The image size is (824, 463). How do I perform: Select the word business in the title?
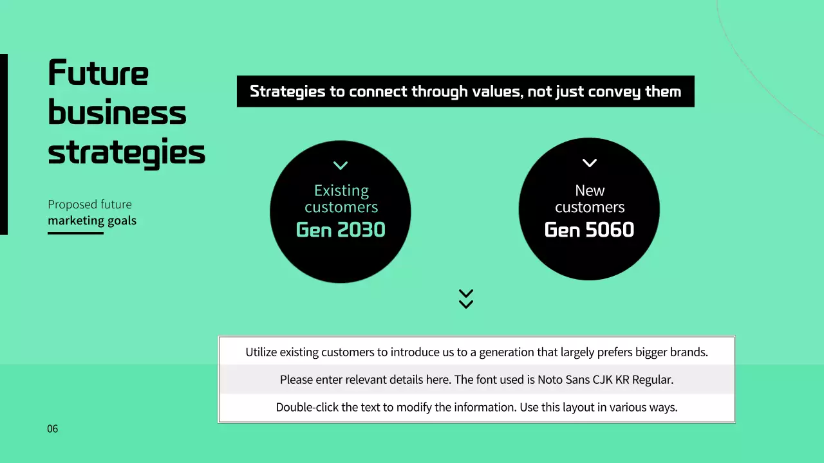(x=117, y=113)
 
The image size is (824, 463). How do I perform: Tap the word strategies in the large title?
(x=126, y=153)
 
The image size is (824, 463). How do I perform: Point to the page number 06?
(x=52, y=429)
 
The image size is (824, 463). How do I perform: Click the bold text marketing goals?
(x=92, y=221)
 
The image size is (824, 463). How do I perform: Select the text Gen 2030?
(x=341, y=230)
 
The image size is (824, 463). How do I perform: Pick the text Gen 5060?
(x=589, y=230)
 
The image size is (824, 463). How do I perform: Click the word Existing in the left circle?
(x=341, y=190)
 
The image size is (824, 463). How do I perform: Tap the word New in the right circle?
(x=590, y=190)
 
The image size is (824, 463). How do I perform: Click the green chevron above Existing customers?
(x=341, y=165)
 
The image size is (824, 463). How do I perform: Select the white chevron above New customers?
(x=589, y=163)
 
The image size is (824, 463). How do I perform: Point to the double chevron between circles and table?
(x=466, y=298)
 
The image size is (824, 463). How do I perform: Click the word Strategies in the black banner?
(x=287, y=91)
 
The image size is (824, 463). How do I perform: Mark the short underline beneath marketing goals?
(x=75, y=233)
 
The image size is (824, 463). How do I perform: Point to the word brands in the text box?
(x=688, y=352)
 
